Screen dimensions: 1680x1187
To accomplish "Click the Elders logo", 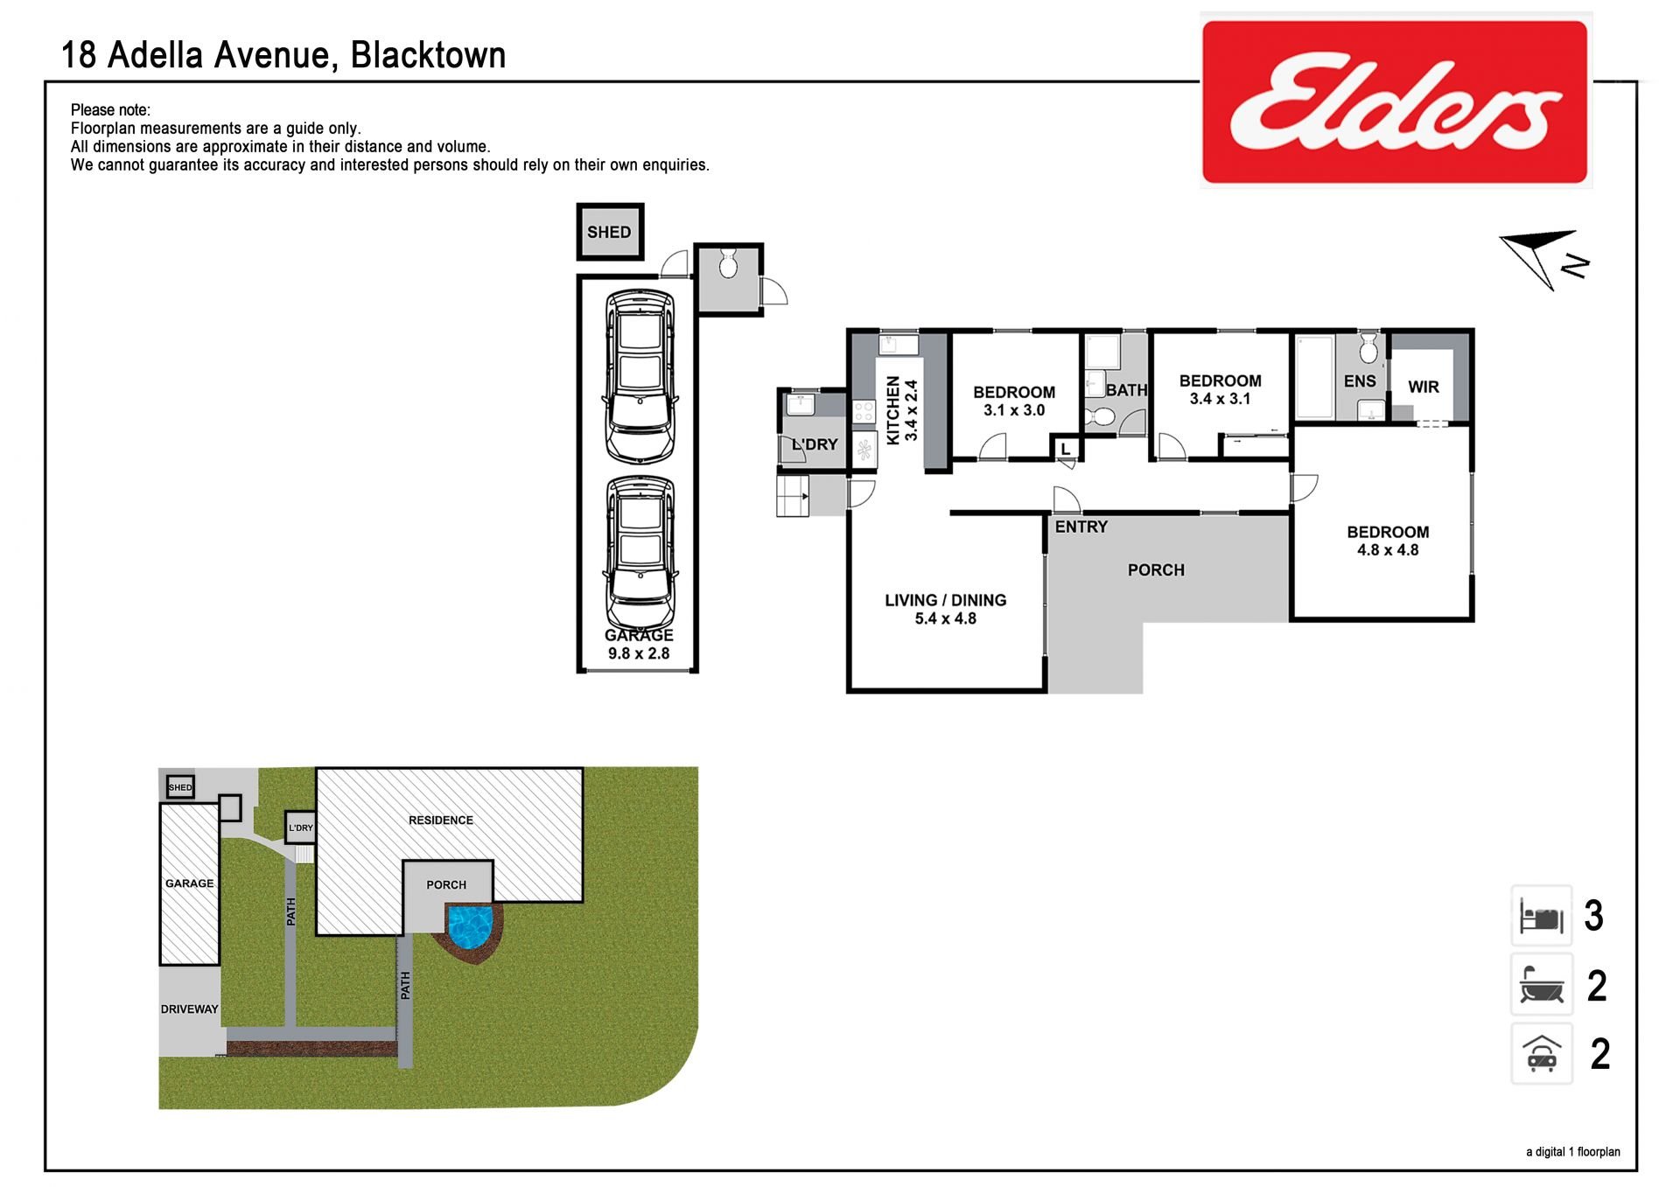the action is click(x=1396, y=101).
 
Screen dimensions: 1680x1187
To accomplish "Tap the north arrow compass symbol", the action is click(x=1544, y=258).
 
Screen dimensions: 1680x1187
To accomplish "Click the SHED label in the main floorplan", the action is click(x=609, y=233).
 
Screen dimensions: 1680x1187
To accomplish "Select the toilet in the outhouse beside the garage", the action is click(x=728, y=262).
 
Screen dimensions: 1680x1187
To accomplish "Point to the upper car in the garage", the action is click(x=640, y=377).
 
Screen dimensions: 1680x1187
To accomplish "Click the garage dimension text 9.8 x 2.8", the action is click(x=639, y=653).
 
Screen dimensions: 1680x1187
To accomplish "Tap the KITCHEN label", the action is click(x=892, y=410).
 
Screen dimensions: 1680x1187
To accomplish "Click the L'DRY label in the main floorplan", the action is click(x=815, y=444).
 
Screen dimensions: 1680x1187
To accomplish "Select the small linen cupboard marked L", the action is click(x=1066, y=449).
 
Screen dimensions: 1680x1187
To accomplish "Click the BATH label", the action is click(x=1126, y=390).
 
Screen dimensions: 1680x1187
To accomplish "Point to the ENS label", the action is click(x=1360, y=381).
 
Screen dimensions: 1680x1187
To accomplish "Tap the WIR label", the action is click(x=1424, y=387).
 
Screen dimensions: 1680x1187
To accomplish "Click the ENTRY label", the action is click(x=1081, y=527).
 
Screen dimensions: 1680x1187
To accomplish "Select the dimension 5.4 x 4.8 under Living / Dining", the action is click(x=946, y=618).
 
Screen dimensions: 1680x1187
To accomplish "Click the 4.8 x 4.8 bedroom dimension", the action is click(x=1388, y=550).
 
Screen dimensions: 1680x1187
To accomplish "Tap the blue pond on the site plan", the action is click(x=471, y=926).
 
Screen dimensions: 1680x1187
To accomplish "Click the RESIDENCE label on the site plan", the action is click(x=441, y=820).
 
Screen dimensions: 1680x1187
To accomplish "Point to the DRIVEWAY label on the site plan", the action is click(x=189, y=1009).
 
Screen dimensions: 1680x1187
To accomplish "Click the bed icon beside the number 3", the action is click(x=1542, y=916).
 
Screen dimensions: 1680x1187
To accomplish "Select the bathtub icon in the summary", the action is click(x=1542, y=985).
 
